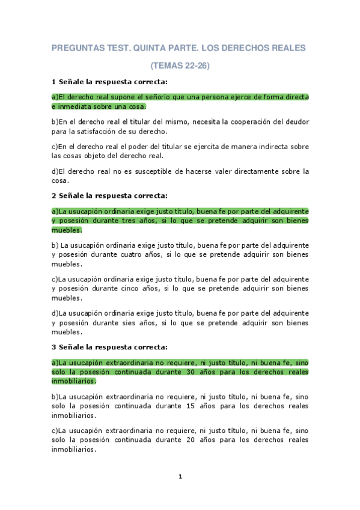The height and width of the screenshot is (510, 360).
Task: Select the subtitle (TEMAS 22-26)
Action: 180,66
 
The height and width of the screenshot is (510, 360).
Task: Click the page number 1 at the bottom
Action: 180,477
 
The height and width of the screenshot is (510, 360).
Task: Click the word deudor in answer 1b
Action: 294,121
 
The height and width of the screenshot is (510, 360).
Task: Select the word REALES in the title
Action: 286,47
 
